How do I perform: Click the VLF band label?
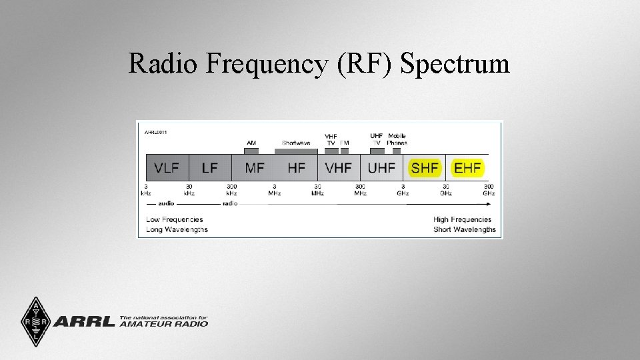(167, 168)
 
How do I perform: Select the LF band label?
(209, 168)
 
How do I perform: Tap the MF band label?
(255, 168)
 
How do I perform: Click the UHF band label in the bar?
(381, 168)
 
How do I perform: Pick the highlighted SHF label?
(425, 168)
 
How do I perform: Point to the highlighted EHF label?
(467, 168)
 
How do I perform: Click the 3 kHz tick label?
(145, 189)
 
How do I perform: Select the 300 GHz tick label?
(489, 189)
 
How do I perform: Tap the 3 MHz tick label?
(274, 189)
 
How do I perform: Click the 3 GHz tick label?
(403, 189)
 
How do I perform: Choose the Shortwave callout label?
(296, 143)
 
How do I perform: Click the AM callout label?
(251, 143)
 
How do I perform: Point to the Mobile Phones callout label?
(397, 139)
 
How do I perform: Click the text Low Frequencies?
(174, 219)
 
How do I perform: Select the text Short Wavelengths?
(465, 229)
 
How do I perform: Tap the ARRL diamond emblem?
(31, 322)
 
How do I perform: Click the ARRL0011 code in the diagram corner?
(156, 132)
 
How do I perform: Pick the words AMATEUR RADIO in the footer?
(164, 325)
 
